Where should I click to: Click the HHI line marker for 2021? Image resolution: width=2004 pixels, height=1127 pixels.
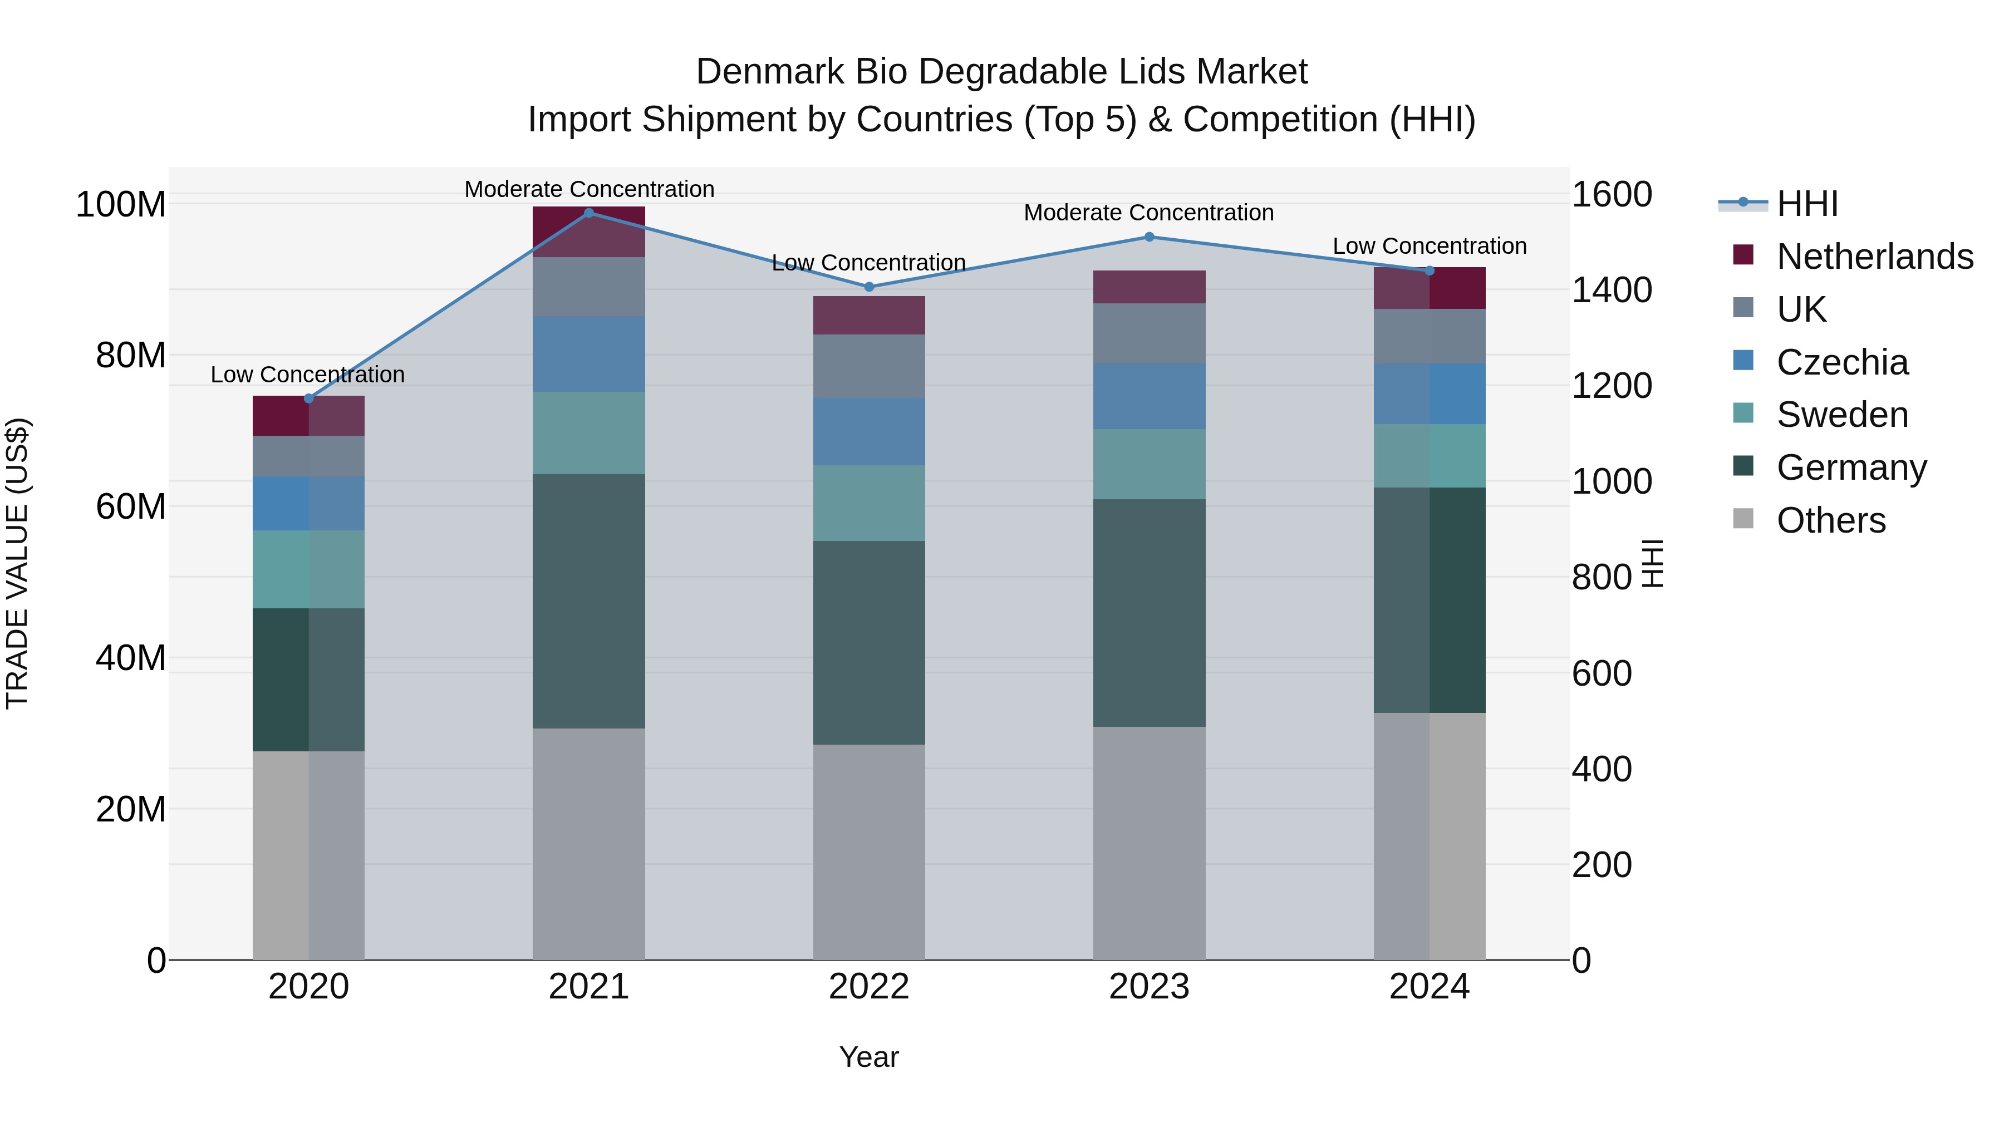point(589,213)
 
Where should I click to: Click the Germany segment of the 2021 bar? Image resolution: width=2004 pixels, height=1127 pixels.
point(589,601)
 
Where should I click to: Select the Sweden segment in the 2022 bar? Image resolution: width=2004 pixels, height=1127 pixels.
point(869,503)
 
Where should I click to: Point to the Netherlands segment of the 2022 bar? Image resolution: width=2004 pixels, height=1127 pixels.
point(869,315)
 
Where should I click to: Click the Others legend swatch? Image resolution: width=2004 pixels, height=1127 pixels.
point(1743,519)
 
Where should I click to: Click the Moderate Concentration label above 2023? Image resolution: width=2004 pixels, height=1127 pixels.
point(1148,213)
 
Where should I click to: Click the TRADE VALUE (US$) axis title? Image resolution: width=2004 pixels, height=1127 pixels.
point(17,563)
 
